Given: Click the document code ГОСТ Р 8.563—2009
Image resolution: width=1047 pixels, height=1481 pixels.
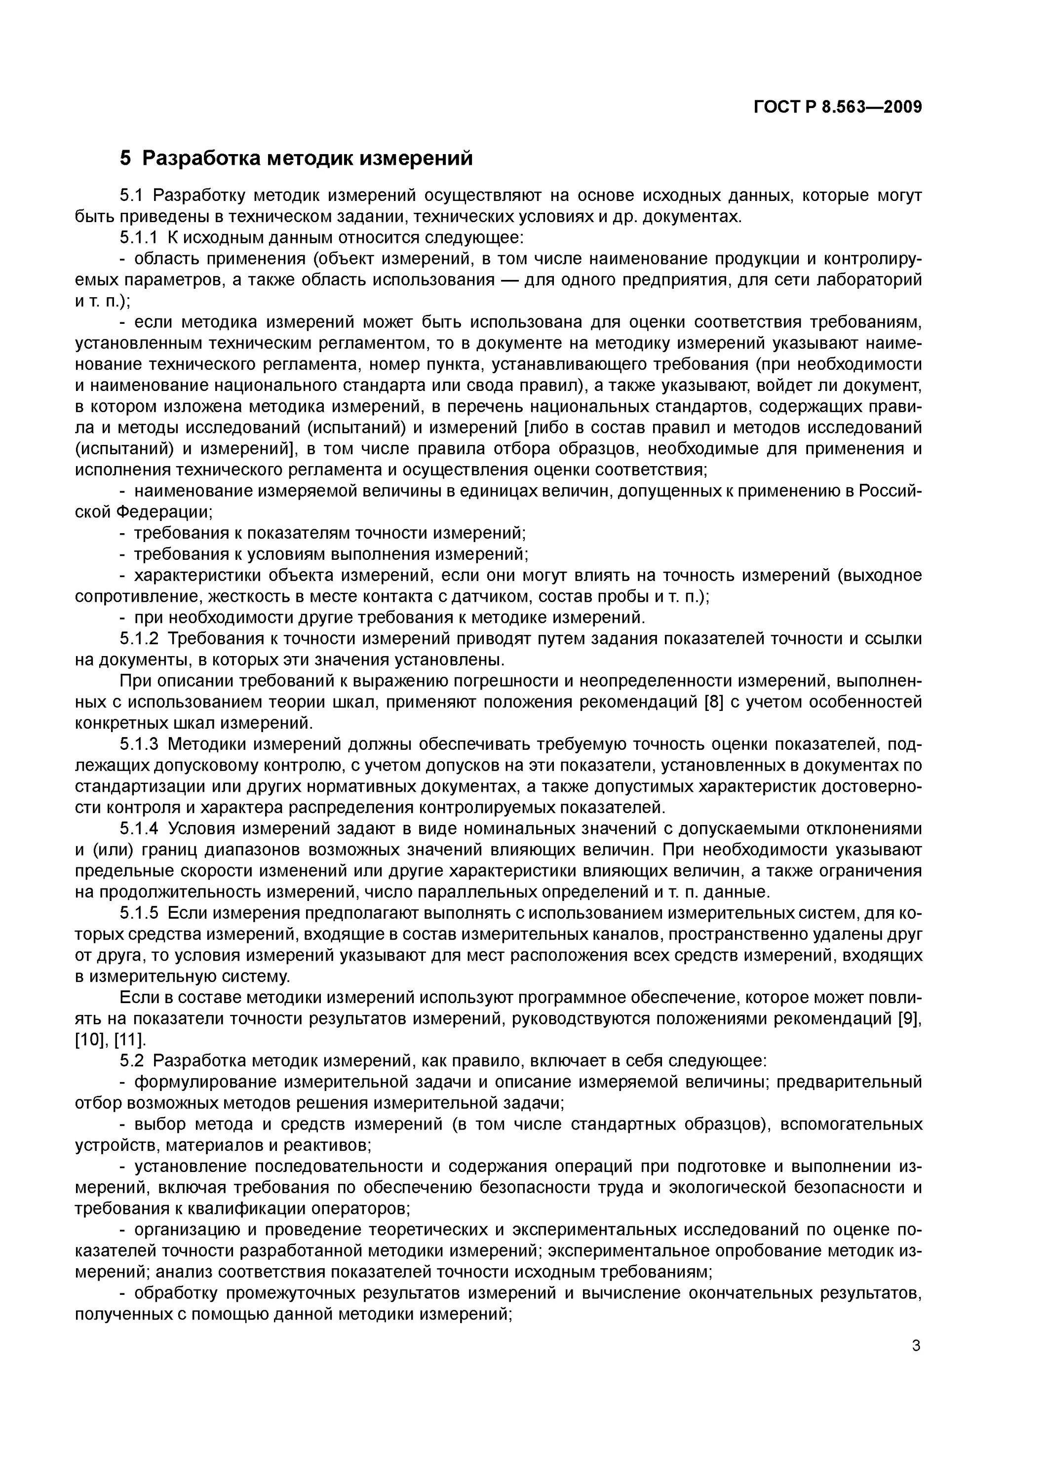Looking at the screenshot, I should pyautogui.click(x=837, y=107).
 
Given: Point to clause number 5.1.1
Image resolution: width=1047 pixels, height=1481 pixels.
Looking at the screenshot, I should pyautogui.click(x=139, y=238).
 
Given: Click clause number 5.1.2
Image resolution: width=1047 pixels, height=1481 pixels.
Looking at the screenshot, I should pyautogui.click(x=139, y=639).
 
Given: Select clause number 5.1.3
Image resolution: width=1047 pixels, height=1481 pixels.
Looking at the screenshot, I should pyautogui.click(x=139, y=744).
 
